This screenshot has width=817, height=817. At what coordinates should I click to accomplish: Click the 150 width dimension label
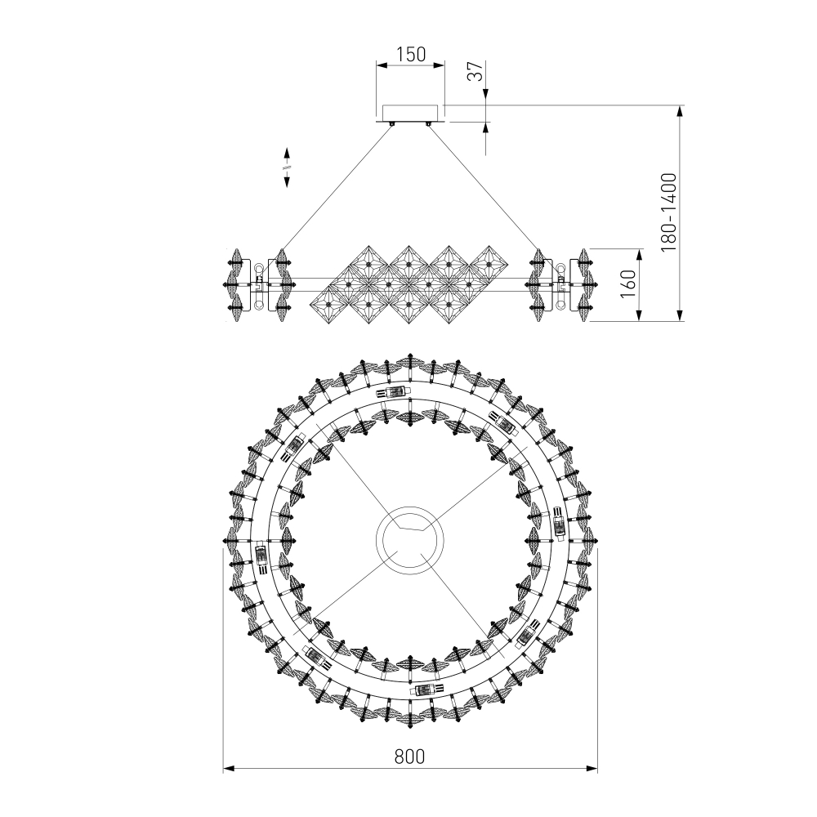(x=411, y=54)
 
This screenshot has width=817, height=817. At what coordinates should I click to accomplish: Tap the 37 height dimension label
(x=475, y=71)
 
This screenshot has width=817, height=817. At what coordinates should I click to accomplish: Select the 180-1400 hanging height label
(x=668, y=213)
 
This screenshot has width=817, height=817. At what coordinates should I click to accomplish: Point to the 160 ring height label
(x=628, y=284)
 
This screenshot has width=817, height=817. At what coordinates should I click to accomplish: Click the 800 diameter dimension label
(x=409, y=756)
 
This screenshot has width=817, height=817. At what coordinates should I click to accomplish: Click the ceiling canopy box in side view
(x=411, y=113)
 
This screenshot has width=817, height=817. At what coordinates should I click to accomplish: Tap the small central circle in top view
(x=410, y=540)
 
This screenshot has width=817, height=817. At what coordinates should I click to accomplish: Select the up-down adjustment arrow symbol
(x=287, y=167)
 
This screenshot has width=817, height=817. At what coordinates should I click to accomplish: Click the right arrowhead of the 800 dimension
(x=592, y=768)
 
